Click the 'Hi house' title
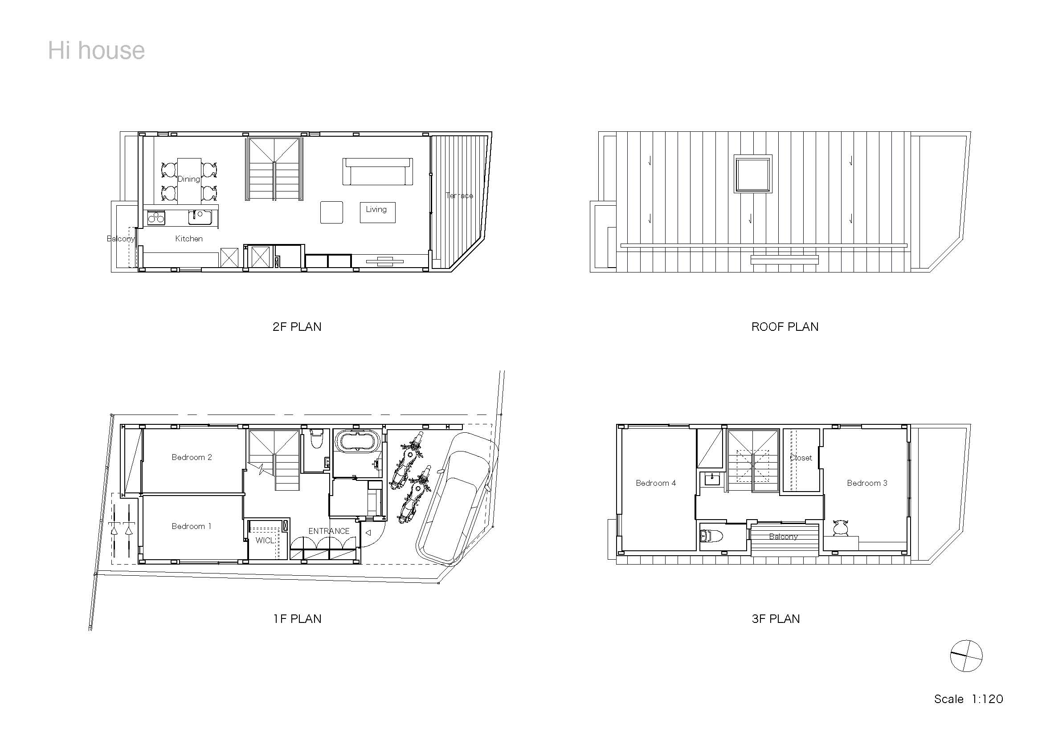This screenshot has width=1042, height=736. pyautogui.click(x=96, y=50)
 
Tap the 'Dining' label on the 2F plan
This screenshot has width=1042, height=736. pyautogui.click(x=188, y=179)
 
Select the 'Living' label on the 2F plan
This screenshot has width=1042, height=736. pyautogui.click(x=376, y=210)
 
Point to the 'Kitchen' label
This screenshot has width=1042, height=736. pyautogui.click(x=189, y=239)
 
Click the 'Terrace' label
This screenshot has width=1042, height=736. pyautogui.click(x=459, y=195)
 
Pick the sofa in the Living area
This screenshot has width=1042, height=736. pyautogui.click(x=378, y=171)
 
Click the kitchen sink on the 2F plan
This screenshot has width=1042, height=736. pyautogui.click(x=200, y=217)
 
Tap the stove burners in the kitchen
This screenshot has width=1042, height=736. pyautogui.click(x=156, y=218)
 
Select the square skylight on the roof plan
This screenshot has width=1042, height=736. pyautogui.click(x=753, y=174)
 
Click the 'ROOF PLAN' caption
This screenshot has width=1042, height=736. pyautogui.click(x=785, y=327)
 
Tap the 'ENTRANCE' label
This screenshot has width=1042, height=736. pyautogui.click(x=329, y=531)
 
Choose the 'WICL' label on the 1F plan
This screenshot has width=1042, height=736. pyautogui.click(x=265, y=541)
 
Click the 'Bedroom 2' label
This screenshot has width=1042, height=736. pyautogui.click(x=192, y=457)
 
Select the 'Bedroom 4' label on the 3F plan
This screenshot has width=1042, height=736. pyautogui.click(x=655, y=483)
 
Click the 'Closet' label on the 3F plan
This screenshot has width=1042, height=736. pyautogui.click(x=801, y=458)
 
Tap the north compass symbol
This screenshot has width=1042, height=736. pyautogui.click(x=966, y=656)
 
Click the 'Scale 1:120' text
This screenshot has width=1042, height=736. pyautogui.click(x=968, y=699)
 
